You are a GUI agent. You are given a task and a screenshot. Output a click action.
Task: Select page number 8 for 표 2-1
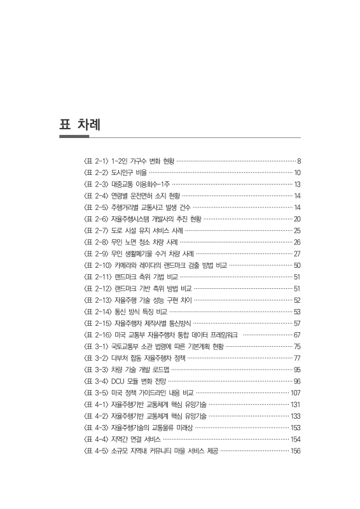pos(299,161)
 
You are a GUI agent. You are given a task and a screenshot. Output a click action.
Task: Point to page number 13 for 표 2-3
pos(297,184)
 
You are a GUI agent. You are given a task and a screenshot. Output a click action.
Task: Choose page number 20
pos(297,219)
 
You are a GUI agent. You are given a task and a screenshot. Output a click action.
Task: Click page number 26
pos(297,242)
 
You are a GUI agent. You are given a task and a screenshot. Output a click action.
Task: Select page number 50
pos(297,265)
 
